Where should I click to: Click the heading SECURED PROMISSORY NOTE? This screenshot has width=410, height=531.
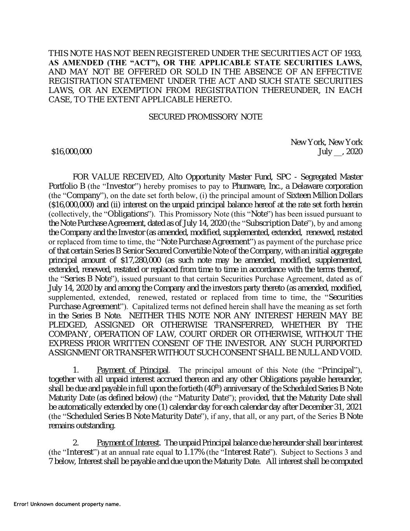pyautogui.click(x=205, y=117)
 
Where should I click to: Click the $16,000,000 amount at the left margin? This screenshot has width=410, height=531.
pyautogui.click(x=72, y=151)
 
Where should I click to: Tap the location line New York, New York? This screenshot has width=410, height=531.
pyautogui.click(x=326, y=142)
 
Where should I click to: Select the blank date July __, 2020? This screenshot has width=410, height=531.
pyautogui.click(x=340, y=151)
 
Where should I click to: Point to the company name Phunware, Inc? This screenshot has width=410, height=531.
pyautogui.click(x=255, y=186)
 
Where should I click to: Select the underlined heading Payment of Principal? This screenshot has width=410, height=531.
pyautogui.click(x=133, y=370)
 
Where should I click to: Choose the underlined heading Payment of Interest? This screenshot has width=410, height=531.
pyautogui.click(x=129, y=443)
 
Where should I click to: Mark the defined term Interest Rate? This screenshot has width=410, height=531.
pyautogui.click(x=246, y=452)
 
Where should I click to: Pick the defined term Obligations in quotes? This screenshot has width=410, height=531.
pyautogui.click(x=127, y=214)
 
